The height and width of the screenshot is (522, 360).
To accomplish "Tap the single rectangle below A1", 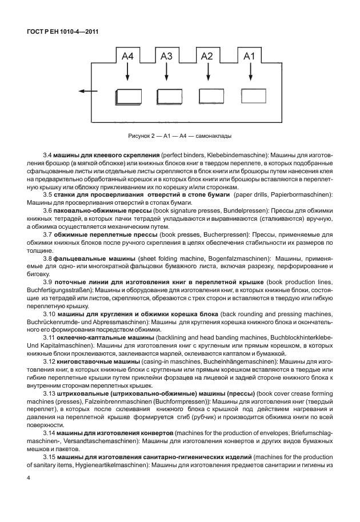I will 253,95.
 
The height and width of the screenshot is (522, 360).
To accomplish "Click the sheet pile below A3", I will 169,96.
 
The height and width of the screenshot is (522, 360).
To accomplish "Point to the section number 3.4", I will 48,155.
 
